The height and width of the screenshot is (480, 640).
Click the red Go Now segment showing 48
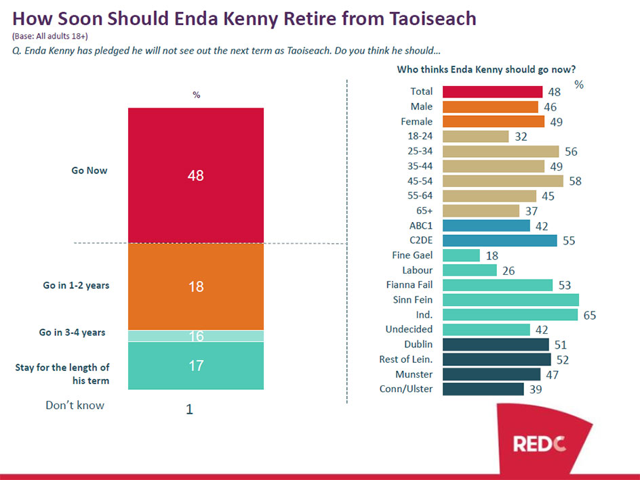pos(196,175)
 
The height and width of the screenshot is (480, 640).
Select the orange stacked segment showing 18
pos(196,286)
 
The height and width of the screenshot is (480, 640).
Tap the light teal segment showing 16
pos(196,336)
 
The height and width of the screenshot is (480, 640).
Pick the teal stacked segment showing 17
pos(196,366)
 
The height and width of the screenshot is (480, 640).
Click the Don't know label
pos(75,406)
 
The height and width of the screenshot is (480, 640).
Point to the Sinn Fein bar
pos(511,300)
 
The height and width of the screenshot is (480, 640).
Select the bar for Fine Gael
pos(461,255)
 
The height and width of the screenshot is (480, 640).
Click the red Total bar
pos(492,91)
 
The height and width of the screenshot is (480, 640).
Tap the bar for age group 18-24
pos(475,136)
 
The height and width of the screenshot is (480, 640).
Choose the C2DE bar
pos(500,240)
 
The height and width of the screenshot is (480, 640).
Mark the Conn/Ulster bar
pos(483,389)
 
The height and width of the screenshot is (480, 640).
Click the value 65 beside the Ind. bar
pos(589,315)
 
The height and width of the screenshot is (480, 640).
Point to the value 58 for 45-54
pos(576,181)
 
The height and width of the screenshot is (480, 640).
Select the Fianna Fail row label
pos(409,285)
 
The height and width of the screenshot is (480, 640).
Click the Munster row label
pos(414,374)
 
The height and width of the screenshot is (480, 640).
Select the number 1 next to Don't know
pos(189,409)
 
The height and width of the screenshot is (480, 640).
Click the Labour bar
pos(469,270)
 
